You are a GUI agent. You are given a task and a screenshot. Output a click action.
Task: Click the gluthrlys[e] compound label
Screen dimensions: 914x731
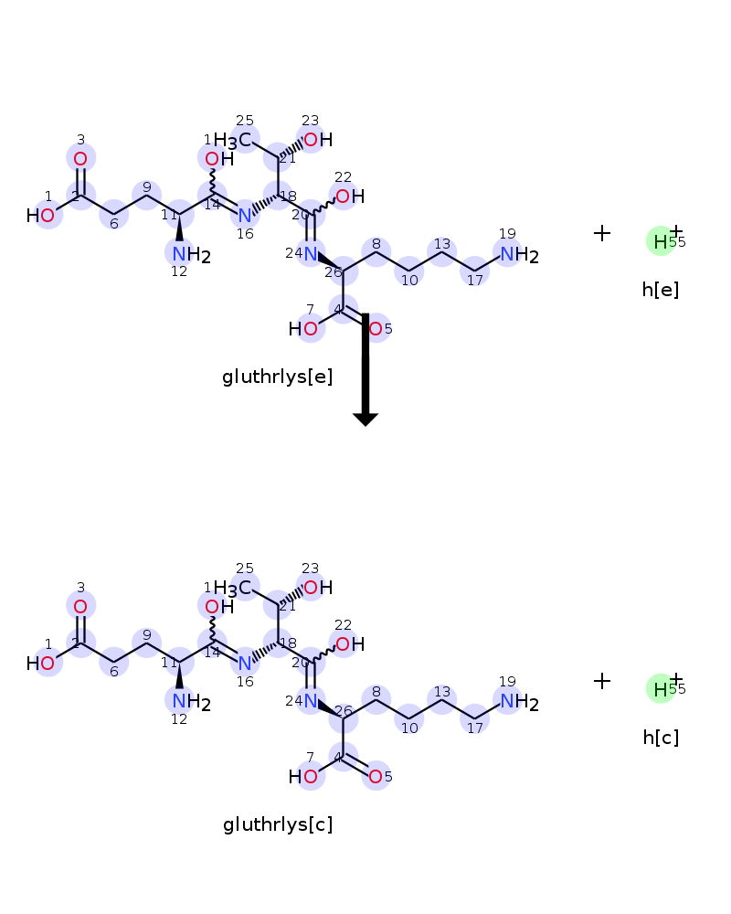tap(277, 377)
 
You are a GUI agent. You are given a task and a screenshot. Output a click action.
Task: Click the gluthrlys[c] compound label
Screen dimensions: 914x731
tap(277, 824)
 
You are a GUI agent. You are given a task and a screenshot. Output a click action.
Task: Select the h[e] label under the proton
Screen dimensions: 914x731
tap(660, 290)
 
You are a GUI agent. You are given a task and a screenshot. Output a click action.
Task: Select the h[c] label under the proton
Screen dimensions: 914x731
tap(660, 738)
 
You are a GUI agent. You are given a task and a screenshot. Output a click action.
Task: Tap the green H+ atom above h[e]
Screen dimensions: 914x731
tap(661, 240)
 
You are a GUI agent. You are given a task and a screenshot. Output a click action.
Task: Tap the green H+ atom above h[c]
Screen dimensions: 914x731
tap(661, 688)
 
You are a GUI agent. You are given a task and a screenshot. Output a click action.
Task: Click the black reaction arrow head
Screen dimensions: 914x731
tap(365, 419)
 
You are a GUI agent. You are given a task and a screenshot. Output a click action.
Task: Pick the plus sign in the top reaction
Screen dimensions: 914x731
tap(601, 233)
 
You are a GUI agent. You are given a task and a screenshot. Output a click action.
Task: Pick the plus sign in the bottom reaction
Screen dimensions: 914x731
tap(601, 681)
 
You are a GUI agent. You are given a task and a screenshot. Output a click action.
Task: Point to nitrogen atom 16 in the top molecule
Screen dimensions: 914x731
tap(244, 216)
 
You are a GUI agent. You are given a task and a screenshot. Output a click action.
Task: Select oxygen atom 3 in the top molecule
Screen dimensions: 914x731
tap(80, 159)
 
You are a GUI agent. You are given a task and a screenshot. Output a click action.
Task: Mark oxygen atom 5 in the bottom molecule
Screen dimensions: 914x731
tap(376, 777)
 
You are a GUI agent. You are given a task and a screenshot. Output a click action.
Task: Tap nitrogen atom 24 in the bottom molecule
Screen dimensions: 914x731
tap(311, 701)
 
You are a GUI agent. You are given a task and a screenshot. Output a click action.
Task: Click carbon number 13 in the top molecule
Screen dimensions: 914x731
tap(442, 256)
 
